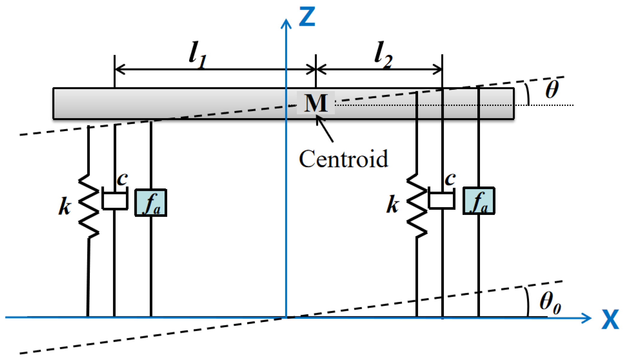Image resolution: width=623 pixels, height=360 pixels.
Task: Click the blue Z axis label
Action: [x=307, y=17]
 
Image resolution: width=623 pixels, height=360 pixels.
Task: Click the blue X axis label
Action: [x=610, y=320]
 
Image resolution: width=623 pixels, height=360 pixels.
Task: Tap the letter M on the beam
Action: [x=316, y=103]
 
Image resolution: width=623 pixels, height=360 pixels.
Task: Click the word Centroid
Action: [x=343, y=159]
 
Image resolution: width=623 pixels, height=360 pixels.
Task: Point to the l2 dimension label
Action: [x=383, y=55]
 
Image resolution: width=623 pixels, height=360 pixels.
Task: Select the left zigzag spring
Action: [x=89, y=206]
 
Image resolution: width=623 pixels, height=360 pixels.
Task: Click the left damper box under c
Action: [x=115, y=201]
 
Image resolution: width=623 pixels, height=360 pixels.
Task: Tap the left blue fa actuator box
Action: [x=151, y=203]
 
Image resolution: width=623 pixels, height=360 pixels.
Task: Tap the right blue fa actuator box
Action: [x=479, y=201]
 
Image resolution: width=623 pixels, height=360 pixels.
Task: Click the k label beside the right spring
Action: [x=392, y=205]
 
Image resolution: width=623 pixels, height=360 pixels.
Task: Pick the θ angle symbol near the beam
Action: [x=551, y=89]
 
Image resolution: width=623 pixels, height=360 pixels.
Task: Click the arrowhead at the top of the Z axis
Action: [x=286, y=23]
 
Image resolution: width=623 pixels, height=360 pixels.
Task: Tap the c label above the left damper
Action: [x=122, y=179]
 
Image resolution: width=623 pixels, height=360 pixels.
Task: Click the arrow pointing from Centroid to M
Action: [x=325, y=129]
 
